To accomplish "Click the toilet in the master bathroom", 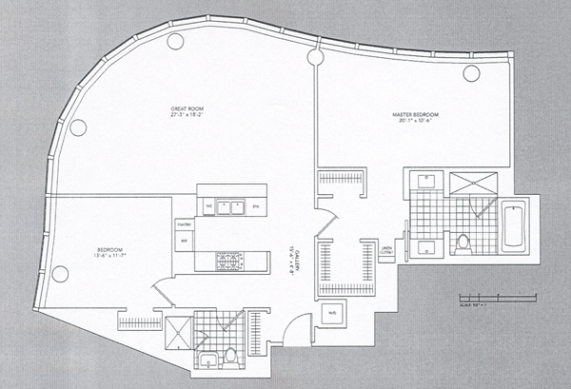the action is point(463,244).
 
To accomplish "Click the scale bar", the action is point(489,297).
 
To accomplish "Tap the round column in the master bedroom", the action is point(470,72).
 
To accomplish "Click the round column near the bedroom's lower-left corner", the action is point(59,274).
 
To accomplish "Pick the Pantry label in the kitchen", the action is point(184,224).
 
